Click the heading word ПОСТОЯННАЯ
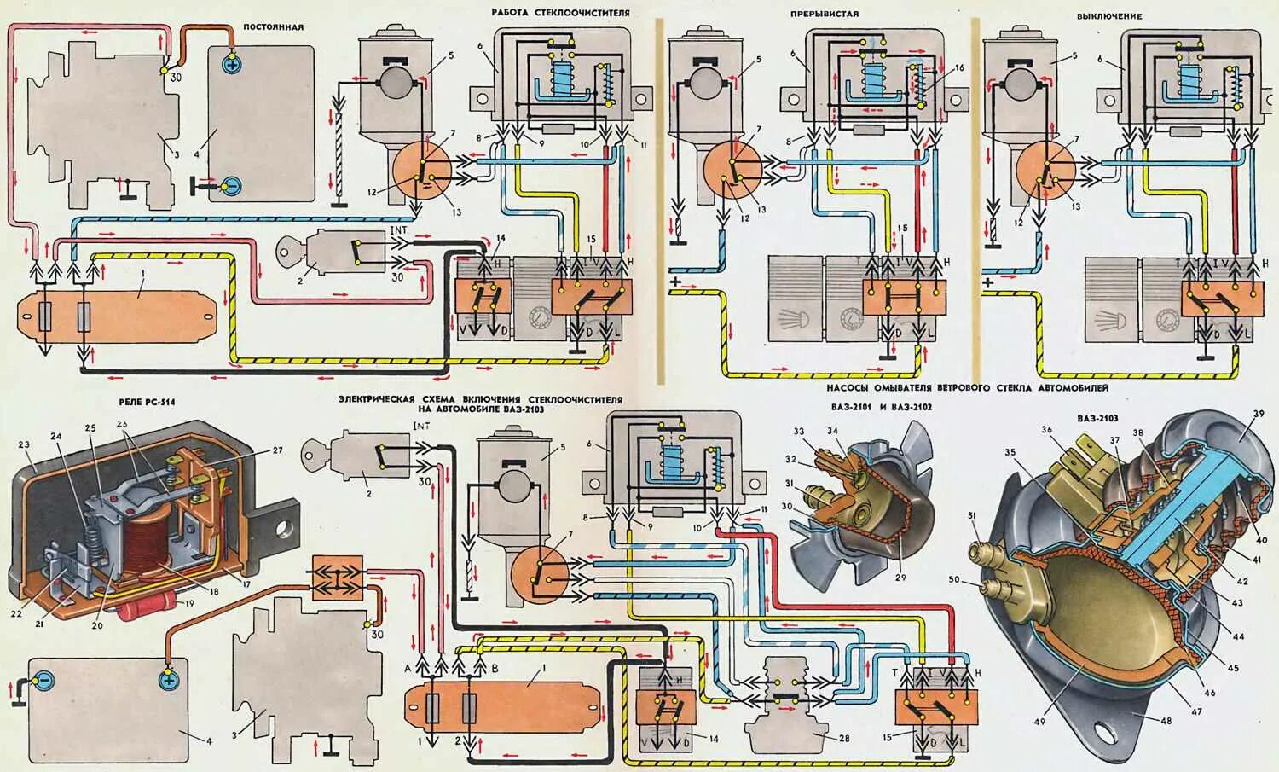pyautogui.click(x=273, y=27)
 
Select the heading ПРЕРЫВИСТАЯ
pyautogui.click(x=824, y=15)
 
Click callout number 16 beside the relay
pyautogui.click(x=959, y=67)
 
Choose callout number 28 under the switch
pyautogui.click(x=820, y=736)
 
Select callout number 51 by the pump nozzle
pyautogui.click(x=973, y=538)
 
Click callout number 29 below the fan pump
pyautogui.click(x=900, y=578)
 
